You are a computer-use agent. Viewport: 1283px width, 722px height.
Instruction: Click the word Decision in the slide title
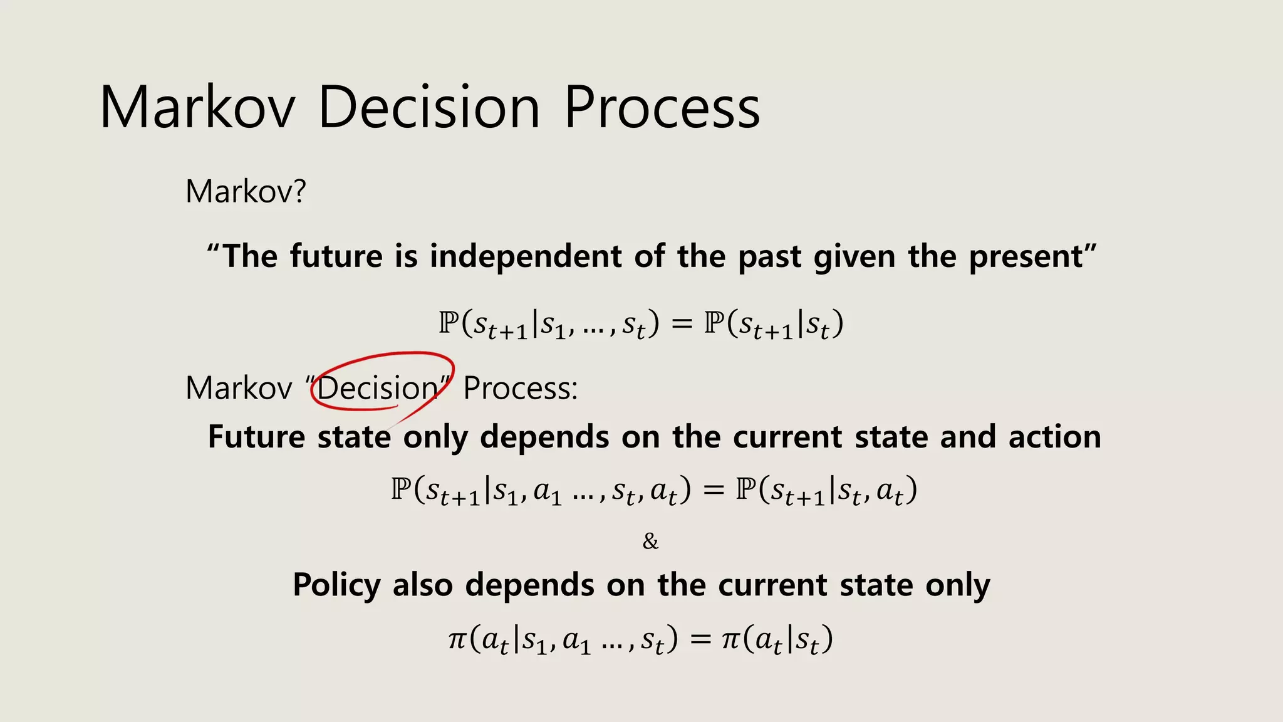pyautogui.click(x=429, y=108)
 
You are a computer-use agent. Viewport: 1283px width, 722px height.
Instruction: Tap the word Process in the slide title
pyautogui.click(x=662, y=108)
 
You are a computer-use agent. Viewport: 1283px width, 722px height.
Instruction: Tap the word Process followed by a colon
pyautogui.click(x=520, y=389)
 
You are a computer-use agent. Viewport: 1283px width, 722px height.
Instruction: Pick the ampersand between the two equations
pyautogui.click(x=650, y=541)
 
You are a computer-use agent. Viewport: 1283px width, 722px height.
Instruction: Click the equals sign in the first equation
pyautogui.click(x=682, y=324)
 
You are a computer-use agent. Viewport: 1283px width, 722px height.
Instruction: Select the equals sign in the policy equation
pyautogui.click(x=700, y=639)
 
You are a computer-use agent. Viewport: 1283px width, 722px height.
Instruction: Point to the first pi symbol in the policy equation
pyautogui.click(x=458, y=639)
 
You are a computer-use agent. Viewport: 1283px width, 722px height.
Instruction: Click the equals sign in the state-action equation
pyautogui.click(x=713, y=489)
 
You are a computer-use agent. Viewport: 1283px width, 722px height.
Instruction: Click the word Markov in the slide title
pyautogui.click(x=197, y=108)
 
